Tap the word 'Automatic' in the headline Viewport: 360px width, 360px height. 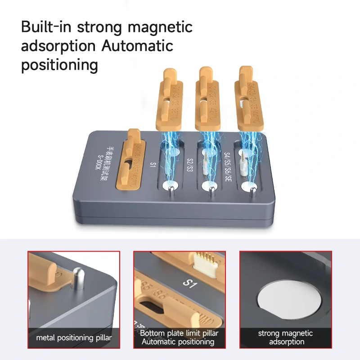click(135, 46)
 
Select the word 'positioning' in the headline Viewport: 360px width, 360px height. click(59, 65)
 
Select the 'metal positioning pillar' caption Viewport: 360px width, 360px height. click(74, 338)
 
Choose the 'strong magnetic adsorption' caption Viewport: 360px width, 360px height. click(285, 337)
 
